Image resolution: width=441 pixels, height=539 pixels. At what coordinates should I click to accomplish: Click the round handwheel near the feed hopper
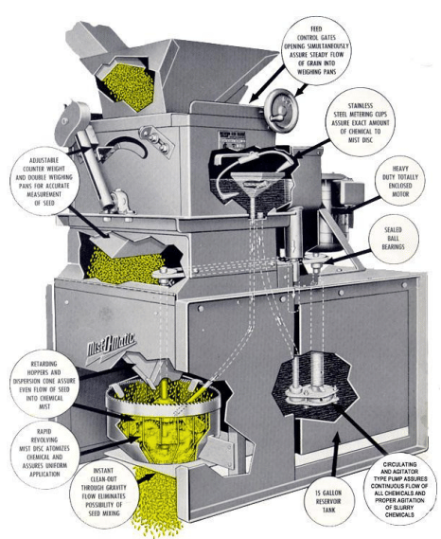[282, 110]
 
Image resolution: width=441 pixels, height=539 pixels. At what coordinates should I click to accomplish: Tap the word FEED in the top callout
[316, 28]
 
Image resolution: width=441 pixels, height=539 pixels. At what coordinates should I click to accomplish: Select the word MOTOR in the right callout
[400, 194]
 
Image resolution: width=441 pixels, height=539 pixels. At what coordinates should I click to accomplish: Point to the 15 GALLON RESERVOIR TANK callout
[328, 501]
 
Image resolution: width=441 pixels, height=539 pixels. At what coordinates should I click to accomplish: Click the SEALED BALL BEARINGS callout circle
[394, 239]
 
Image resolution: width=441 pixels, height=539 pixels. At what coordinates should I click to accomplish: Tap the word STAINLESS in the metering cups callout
[361, 105]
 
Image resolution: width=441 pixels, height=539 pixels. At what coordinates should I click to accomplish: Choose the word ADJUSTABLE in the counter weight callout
[44, 160]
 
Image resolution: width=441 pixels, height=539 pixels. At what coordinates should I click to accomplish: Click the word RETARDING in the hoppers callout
[44, 364]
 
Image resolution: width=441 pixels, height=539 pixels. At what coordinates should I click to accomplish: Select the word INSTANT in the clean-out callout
[103, 471]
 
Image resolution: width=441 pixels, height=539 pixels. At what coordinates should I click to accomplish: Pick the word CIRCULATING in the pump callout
[399, 464]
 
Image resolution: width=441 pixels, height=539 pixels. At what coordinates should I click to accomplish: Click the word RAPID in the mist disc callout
[44, 431]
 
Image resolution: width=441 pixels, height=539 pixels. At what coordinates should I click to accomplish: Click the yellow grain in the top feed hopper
[128, 86]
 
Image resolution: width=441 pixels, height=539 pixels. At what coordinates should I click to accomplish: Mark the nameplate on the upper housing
[232, 139]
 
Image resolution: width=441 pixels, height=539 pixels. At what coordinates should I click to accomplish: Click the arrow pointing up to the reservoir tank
[335, 454]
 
